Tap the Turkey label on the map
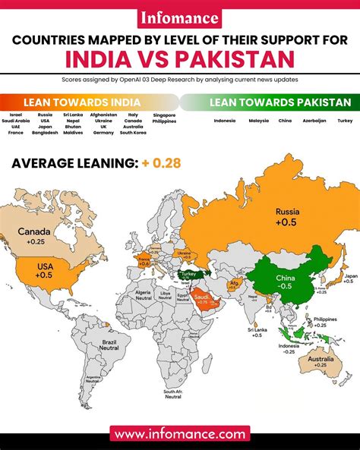[187, 274]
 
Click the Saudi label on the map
[201, 298]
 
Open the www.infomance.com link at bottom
[180, 434]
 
